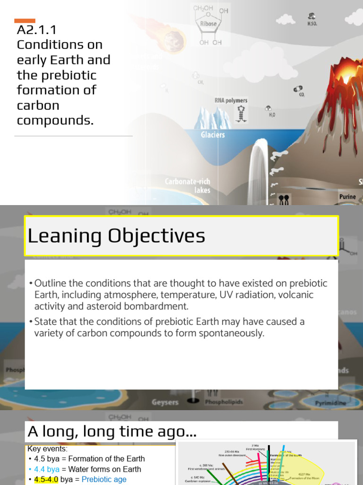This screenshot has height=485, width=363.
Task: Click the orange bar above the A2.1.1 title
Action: pyautogui.click(x=25, y=20)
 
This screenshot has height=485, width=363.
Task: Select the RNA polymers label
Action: pyautogui.click(x=231, y=100)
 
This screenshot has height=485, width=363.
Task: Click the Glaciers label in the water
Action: pyautogui.click(x=213, y=135)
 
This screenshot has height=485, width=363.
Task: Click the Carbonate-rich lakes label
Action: pyautogui.click(x=188, y=186)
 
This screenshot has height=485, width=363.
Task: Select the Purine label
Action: pyautogui.click(x=347, y=197)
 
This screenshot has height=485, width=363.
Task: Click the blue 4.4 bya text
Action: pyautogui.click(x=47, y=469)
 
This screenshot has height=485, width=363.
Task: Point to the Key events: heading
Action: pyautogui.click(x=47, y=449)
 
